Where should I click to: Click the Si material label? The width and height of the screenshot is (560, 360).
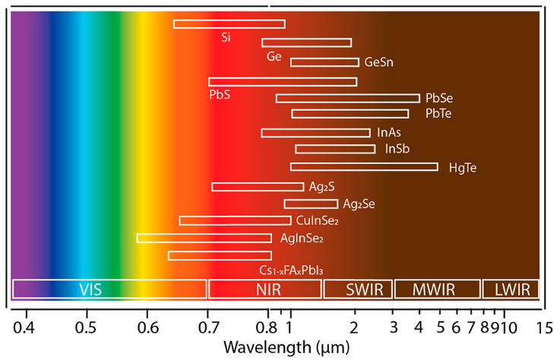(x=226, y=36)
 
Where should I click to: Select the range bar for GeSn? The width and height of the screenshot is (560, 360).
(x=324, y=62)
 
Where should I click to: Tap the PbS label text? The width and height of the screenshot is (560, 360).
(x=220, y=95)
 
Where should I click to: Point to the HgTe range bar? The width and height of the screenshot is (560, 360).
(x=364, y=166)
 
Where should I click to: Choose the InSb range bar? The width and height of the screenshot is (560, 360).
(x=335, y=149)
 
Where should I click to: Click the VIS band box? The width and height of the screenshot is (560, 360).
(x=109, y=289)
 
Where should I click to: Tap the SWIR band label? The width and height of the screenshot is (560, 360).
(x=358, y=289)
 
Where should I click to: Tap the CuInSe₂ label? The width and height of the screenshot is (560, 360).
(x=317, y=221)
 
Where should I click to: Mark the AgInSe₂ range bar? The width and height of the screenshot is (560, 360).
(x=204, y=238)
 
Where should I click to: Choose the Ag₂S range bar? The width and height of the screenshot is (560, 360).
(x=258, y=187)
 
